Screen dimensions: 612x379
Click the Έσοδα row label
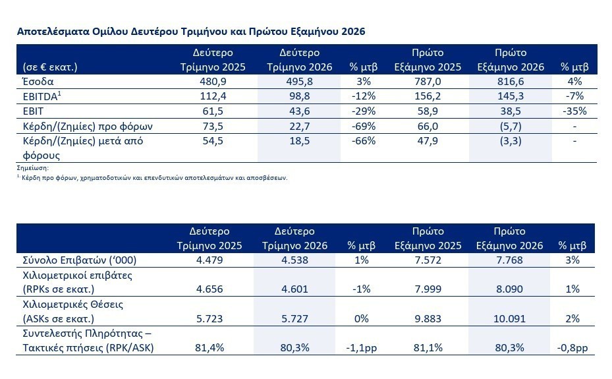click(x=38, y=82)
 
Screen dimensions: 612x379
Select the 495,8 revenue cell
click(x=299, y=82)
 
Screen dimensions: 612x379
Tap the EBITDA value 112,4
click(x=213, y=96)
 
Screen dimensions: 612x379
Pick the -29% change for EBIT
click(x=364, y=111)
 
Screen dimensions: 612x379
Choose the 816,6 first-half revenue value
click(x=511, y=82)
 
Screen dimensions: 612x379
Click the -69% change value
click(x=364, y=126)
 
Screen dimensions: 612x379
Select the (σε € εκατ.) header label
click(x=50, y=67)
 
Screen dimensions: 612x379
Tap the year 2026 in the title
click(x=353, y=31)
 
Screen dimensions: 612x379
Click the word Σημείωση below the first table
click(x=33, y=168)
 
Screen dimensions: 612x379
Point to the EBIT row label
click(x=33, y=111)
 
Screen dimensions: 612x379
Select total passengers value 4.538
click(x=294, y=260)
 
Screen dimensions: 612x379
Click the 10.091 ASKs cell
click(x=509, y=318)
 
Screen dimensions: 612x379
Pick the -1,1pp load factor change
click(x=362, y=348)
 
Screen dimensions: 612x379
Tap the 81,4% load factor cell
click(x=209, y=348)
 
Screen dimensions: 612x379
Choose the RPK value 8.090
click(x=509, y=289)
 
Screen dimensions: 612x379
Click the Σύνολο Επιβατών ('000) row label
click(x=80, y=260)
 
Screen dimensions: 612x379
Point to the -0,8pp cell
click(x=572, y=348)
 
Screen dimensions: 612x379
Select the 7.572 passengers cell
click(x=428, y=260)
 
